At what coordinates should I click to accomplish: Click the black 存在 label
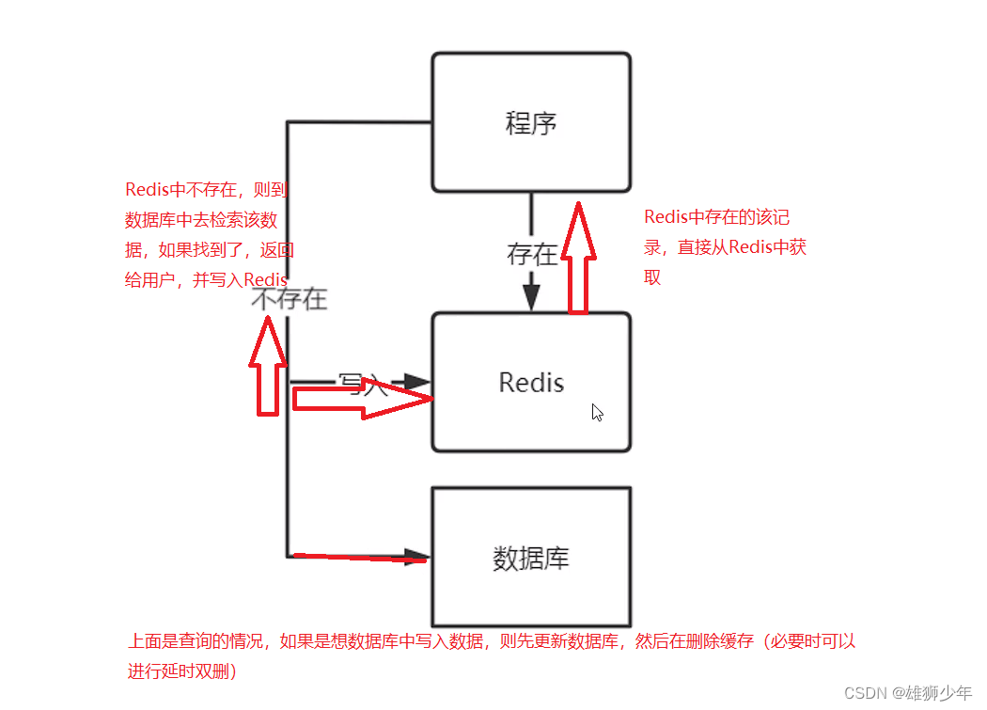click(x=532, y=254)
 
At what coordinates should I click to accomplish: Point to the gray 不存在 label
click(x=290, y=299)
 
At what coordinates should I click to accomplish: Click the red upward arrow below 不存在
click(x=268, y=367)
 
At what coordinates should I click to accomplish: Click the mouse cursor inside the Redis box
click(x=597, y=412)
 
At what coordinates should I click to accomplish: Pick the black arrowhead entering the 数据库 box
click(x=416, y=556)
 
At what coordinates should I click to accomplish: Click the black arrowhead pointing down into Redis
click(x=532, y=297)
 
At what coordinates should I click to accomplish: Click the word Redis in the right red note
click(x=666, y=217)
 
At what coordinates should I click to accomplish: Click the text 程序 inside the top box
click(x=531, y=123)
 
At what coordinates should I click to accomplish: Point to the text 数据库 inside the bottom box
click(x=531, y=559)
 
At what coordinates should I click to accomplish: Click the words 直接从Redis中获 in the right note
click(x=742, y=247)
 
